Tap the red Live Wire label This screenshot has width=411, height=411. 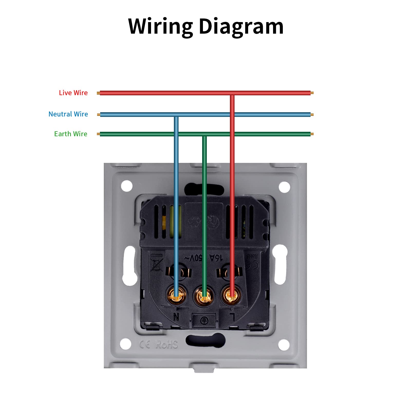point(73,93)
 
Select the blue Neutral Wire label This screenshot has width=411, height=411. point(68,114)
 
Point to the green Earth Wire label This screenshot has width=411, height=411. point(71,134)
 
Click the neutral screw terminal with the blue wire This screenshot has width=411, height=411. point(176,295)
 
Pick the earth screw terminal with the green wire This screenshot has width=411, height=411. point(204,296)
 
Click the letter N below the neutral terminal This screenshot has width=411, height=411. point(176,317)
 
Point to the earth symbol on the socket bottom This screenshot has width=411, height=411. point(204,320)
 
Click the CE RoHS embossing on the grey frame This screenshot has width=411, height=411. point(158,344)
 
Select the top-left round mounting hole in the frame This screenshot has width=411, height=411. point(127,186)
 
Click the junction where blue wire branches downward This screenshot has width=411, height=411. point(176,115)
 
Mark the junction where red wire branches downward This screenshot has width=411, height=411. point(232,93)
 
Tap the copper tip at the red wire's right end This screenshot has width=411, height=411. point(312,93)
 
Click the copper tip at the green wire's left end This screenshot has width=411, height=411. point(98,134)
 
